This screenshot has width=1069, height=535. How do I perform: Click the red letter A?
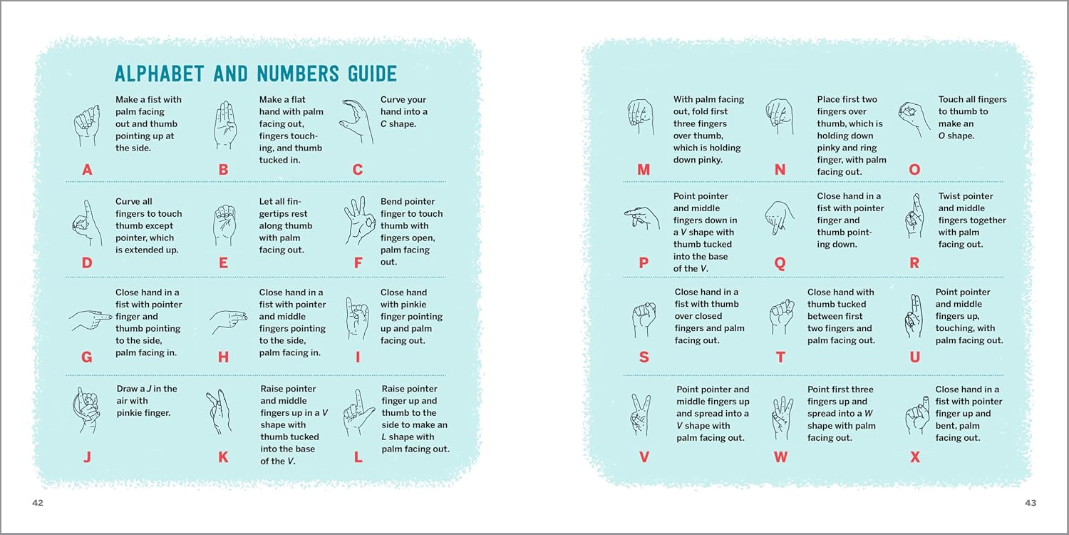coord(87,170)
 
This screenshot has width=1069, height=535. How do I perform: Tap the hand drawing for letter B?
coord(224,125)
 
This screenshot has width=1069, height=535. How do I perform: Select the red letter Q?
coord(780,263)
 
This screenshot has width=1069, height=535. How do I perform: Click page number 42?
coord(38,503)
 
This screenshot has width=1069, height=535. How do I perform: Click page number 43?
coord(1031,503)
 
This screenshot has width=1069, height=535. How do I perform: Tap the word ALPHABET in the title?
coord(159,73)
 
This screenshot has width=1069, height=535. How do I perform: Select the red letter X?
coord(914,457)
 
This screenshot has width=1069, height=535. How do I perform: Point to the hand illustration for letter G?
coord(91,319)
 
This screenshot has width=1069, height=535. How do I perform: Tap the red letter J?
coord(87,457)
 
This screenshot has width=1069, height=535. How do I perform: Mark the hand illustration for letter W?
coord(782,417)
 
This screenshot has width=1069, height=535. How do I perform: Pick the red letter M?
coord(644,170)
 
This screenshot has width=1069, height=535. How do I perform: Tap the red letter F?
coord(358,263)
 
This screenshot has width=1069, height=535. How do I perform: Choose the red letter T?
coord(780,357)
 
